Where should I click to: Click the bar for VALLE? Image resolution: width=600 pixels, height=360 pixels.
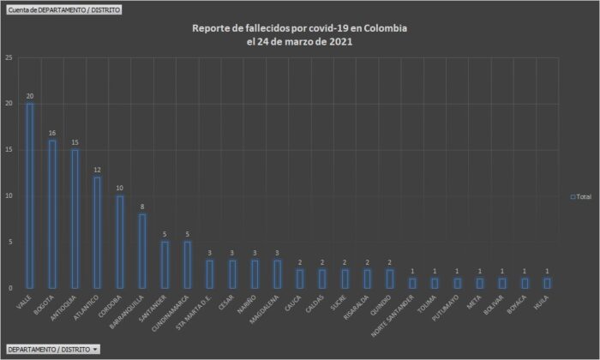point(30,195)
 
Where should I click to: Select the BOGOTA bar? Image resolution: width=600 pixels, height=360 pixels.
point(52,214)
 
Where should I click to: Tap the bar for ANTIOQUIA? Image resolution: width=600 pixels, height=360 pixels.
point(75,219)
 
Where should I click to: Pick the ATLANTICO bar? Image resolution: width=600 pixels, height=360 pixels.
point(97,232)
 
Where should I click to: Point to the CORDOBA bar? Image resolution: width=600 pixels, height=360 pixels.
point(119,242)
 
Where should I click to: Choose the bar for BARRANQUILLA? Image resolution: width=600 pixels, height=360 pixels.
point(142,251)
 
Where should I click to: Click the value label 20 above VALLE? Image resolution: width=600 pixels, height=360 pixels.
point(30,96)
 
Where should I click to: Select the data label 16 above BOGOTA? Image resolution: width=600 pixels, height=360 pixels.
point(52,133)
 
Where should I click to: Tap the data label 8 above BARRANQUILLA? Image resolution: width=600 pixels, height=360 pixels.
point(142,207)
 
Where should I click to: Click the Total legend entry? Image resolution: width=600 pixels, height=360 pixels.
point(580,196)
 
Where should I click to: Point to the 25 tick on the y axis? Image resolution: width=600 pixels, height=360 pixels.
point(8,57)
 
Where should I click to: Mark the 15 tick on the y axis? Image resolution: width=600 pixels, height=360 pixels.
point(8,150)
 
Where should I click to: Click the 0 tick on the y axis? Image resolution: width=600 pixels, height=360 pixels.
point(9,288)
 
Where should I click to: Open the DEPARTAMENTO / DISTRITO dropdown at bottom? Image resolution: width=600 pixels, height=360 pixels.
point(52,350)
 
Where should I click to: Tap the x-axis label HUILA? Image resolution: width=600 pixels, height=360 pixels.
point(540,302)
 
